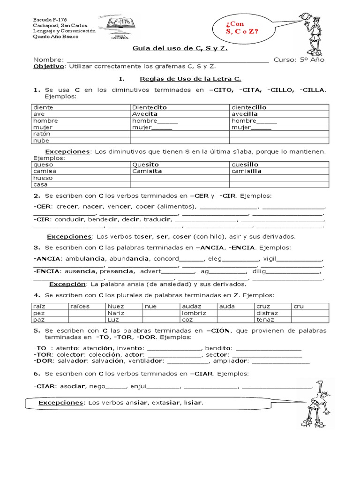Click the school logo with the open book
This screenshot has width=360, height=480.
click(121, 27)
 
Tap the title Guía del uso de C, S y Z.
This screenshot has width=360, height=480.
click(180, 49)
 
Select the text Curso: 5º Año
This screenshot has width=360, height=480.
click(299, 60)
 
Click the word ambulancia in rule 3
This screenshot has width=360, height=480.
click(85, 258)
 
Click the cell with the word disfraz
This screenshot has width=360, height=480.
click(267, 313)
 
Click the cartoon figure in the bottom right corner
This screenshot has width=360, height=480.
click(317, 403)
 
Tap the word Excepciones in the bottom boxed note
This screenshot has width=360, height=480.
click(60, 403)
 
